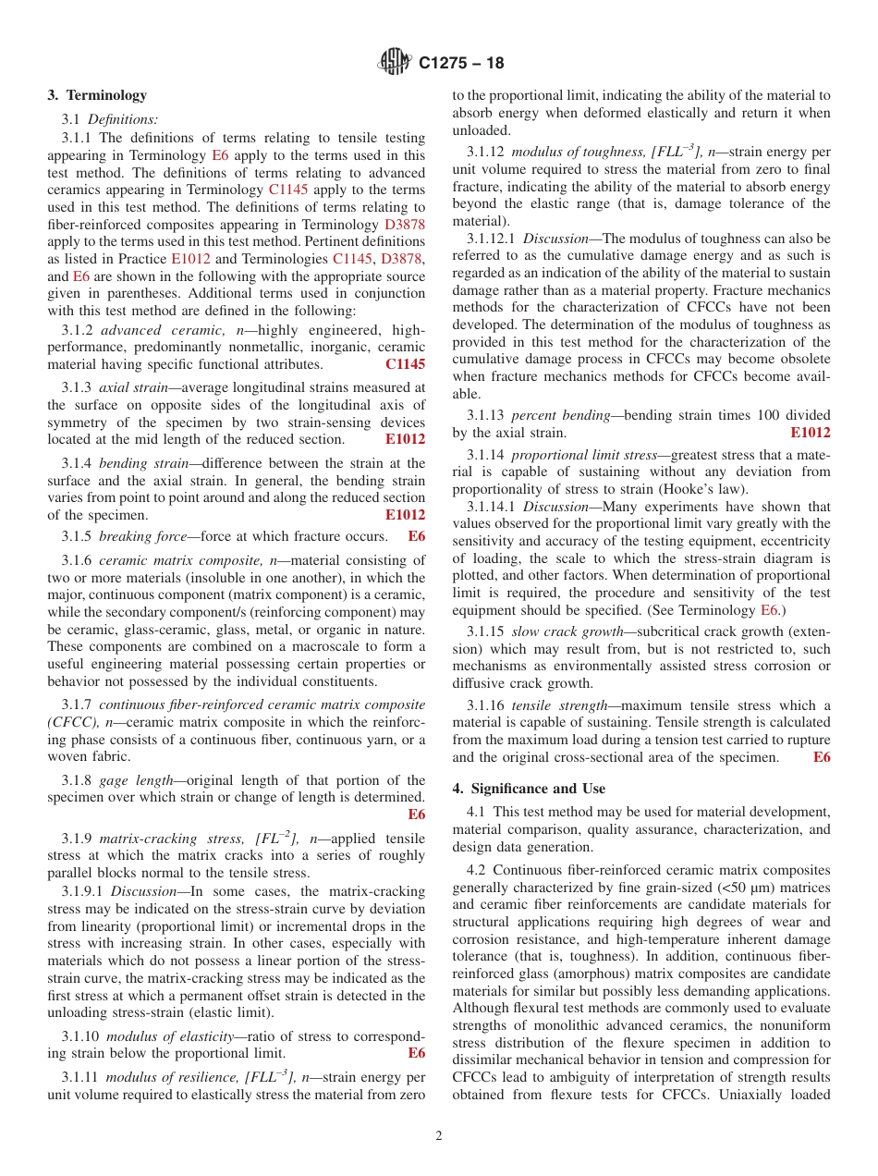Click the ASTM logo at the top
[x=395, y=62]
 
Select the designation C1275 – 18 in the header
[x=461, y=63]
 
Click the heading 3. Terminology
[x=97, y=95]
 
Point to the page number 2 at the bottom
[x=439, y=1136]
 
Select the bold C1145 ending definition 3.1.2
[x=405, y=364]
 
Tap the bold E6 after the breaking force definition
[x=416, y=536]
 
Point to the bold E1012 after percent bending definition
[x=810, y=433]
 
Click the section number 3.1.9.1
[x=83, y=891]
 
